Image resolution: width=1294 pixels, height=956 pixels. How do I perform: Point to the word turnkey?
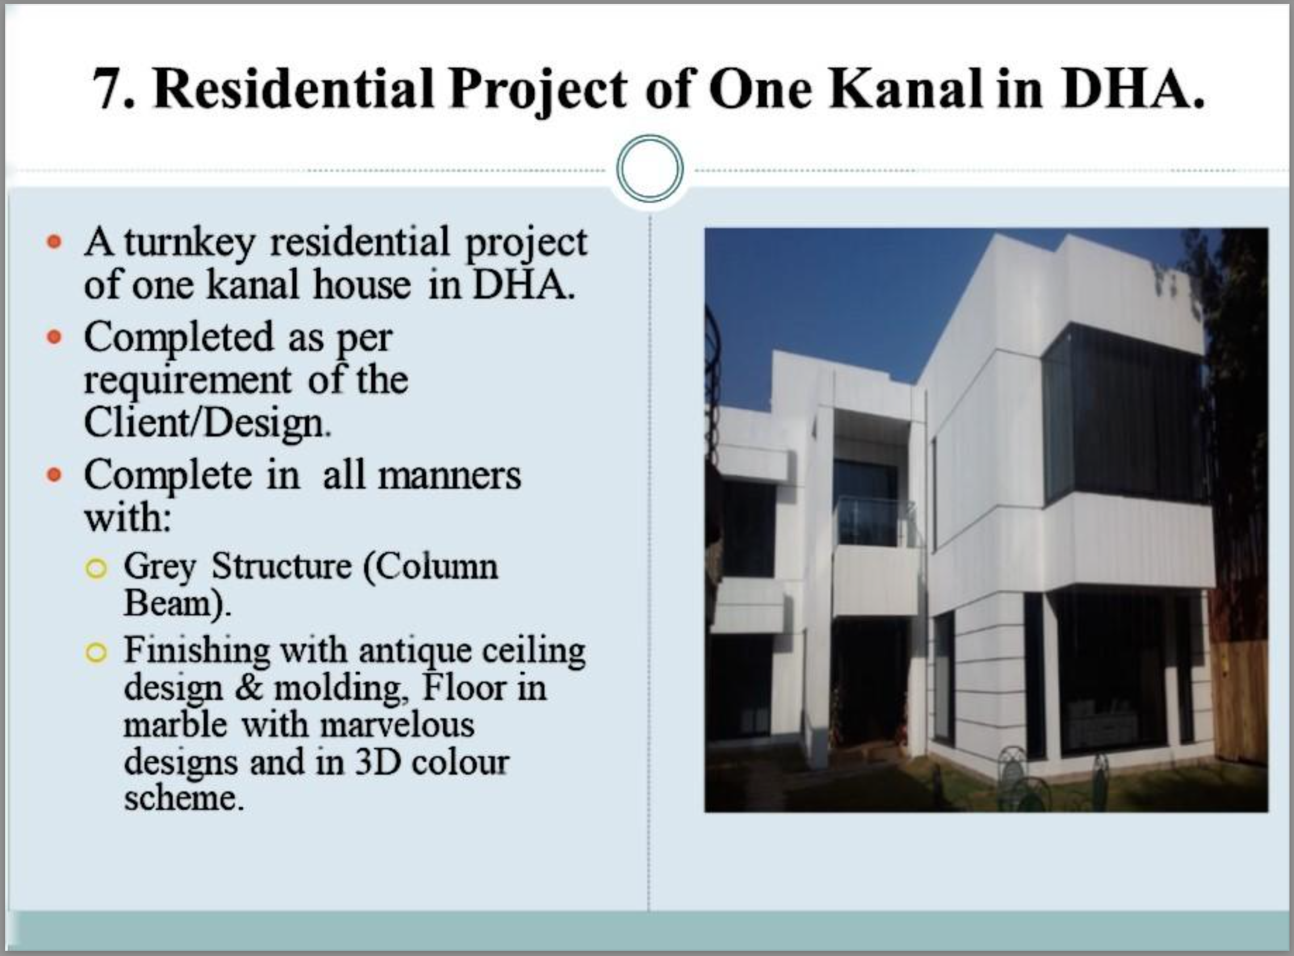tap(189, 243)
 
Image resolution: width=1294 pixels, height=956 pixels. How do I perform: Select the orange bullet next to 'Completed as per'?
tap(54, 337)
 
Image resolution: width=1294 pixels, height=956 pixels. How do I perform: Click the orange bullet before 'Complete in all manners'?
tap(54, 475)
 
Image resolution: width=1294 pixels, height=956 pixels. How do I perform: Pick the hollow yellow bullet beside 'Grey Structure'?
tap(96, 568)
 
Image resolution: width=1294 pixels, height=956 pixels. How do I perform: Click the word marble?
tap(175, 724)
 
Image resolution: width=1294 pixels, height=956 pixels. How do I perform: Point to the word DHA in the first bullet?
tap(522, 285)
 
